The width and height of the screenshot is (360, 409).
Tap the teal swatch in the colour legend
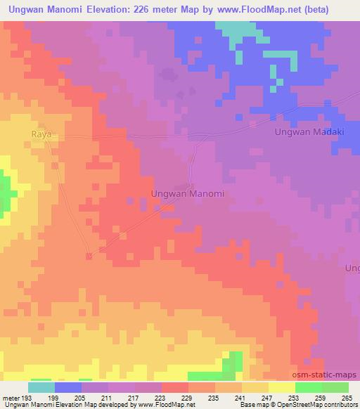(41, 387)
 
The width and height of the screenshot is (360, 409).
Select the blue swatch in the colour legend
(68, 387)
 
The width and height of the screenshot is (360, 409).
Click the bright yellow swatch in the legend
(281, 387)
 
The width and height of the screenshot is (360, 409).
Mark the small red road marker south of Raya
(89, 256)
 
